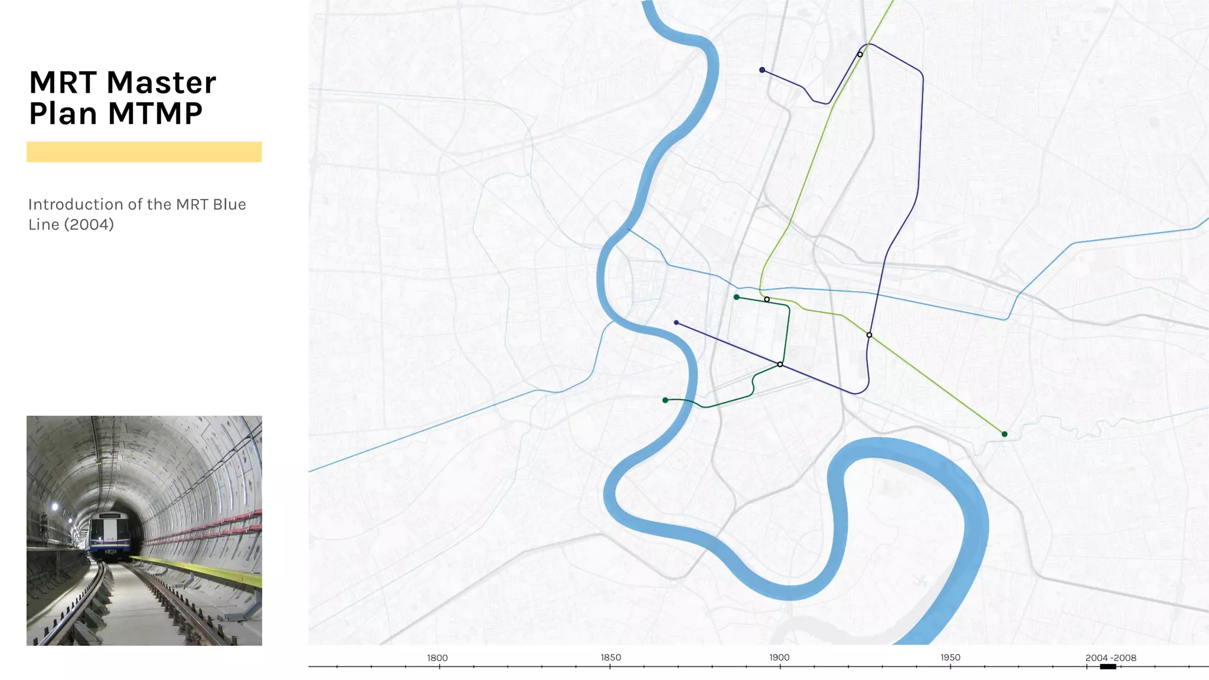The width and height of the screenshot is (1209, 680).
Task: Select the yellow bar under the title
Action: tap(144, 152)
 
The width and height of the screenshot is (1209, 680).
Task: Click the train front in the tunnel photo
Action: tap(110, 534)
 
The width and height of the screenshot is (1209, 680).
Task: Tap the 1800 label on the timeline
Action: tap(437, 658)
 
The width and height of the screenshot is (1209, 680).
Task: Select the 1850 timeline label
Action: tap(610, 657)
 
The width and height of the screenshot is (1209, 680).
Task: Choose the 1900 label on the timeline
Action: tap(779, 657)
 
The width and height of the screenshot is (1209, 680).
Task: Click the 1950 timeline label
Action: tap(950, 657)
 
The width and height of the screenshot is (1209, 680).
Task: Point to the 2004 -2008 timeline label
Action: tap(1110, 658)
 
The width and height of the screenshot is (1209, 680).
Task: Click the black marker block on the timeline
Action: tap(1108, 666)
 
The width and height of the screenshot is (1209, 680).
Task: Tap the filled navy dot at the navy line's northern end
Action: tap(762, 70)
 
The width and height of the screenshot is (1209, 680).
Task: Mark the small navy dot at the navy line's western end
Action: tap(676, 322)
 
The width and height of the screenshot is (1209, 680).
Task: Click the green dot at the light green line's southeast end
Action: tap(1005, 434)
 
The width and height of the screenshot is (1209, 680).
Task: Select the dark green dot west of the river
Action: tap(665, 400)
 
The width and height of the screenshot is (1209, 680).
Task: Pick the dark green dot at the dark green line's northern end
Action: tap(736, 297)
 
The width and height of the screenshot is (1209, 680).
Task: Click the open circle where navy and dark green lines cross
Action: tap(780, 364)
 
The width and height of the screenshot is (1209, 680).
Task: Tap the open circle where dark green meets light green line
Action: tap(767, 299)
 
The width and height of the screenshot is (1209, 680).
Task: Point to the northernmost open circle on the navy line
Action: tap(860, 54)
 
